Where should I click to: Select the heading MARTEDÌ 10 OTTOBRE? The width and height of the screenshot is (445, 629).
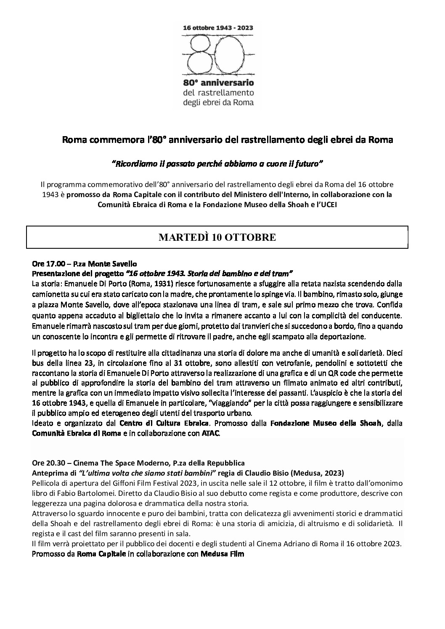[217, 237]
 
